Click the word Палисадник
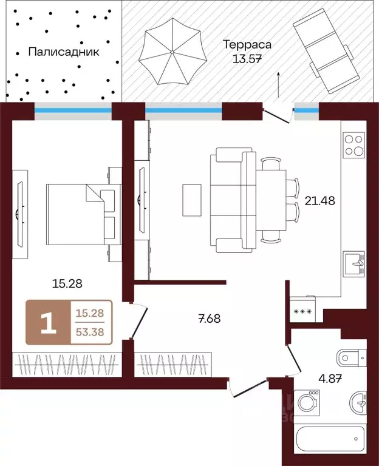point(63,52)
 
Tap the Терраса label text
point(247,45)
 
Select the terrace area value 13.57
point(247,59)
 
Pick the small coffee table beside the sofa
point(191,199)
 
